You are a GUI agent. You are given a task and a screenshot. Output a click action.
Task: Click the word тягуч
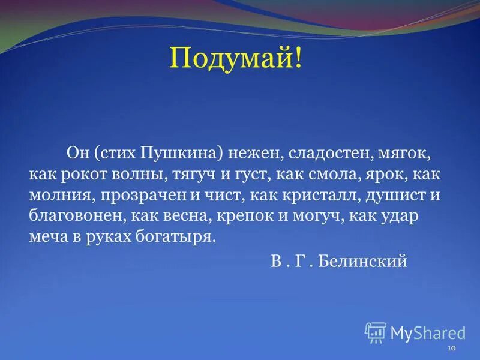tap(196, 175)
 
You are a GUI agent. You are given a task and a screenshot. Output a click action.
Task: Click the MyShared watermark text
tap(428, 332)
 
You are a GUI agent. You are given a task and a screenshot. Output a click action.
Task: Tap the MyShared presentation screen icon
tap(376, 332)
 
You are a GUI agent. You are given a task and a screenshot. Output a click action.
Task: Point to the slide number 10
tap(452, 349)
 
